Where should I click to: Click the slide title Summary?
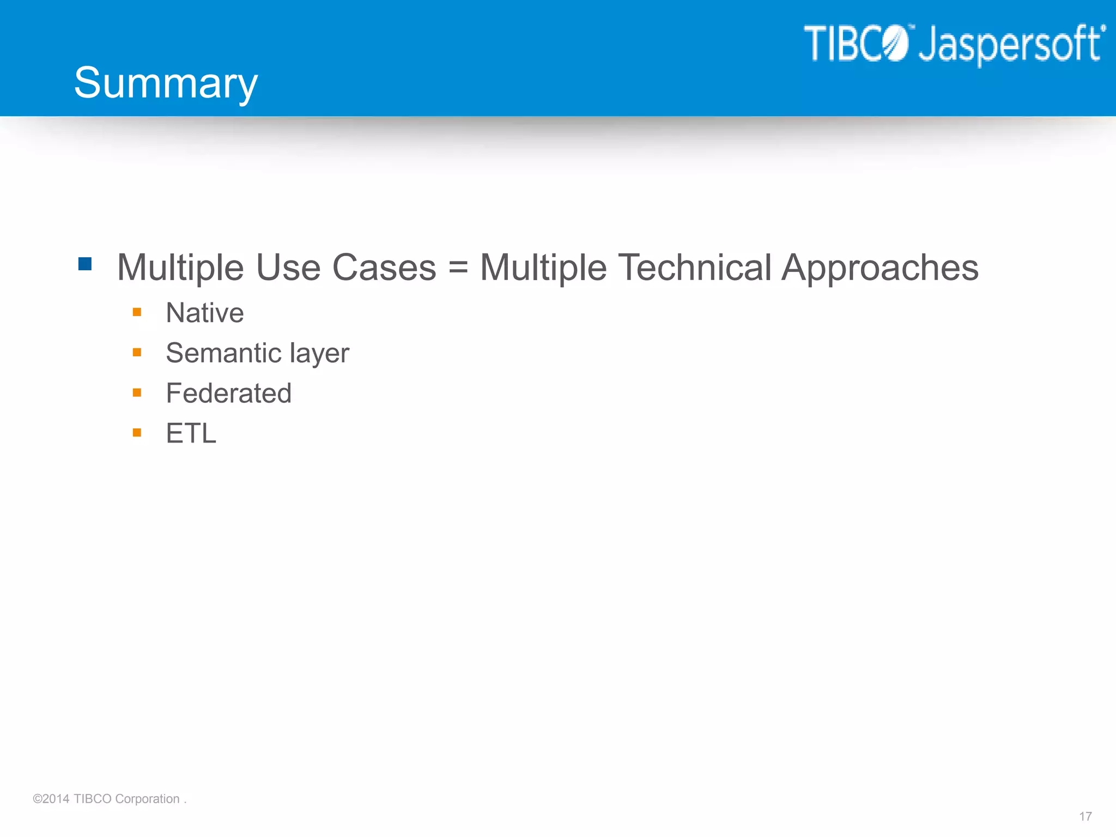pos(166,83)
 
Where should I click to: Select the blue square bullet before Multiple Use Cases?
pos(85,264)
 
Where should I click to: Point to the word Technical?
pos(695,268)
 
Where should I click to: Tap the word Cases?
pos(384,268)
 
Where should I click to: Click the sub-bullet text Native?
pos(204,313)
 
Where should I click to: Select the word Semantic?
pos(223,353)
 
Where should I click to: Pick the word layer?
pos(319,354)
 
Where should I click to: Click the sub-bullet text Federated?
pos(228,393)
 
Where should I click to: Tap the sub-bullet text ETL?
pos(191,434)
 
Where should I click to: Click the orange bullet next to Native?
pos(137,312)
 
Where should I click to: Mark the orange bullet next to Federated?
pos(137,392)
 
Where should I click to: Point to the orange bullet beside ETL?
pos(137,433)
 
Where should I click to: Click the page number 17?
pos(1085,816)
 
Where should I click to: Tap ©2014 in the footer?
pos(51,799)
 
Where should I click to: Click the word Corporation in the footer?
pos(147,799)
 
